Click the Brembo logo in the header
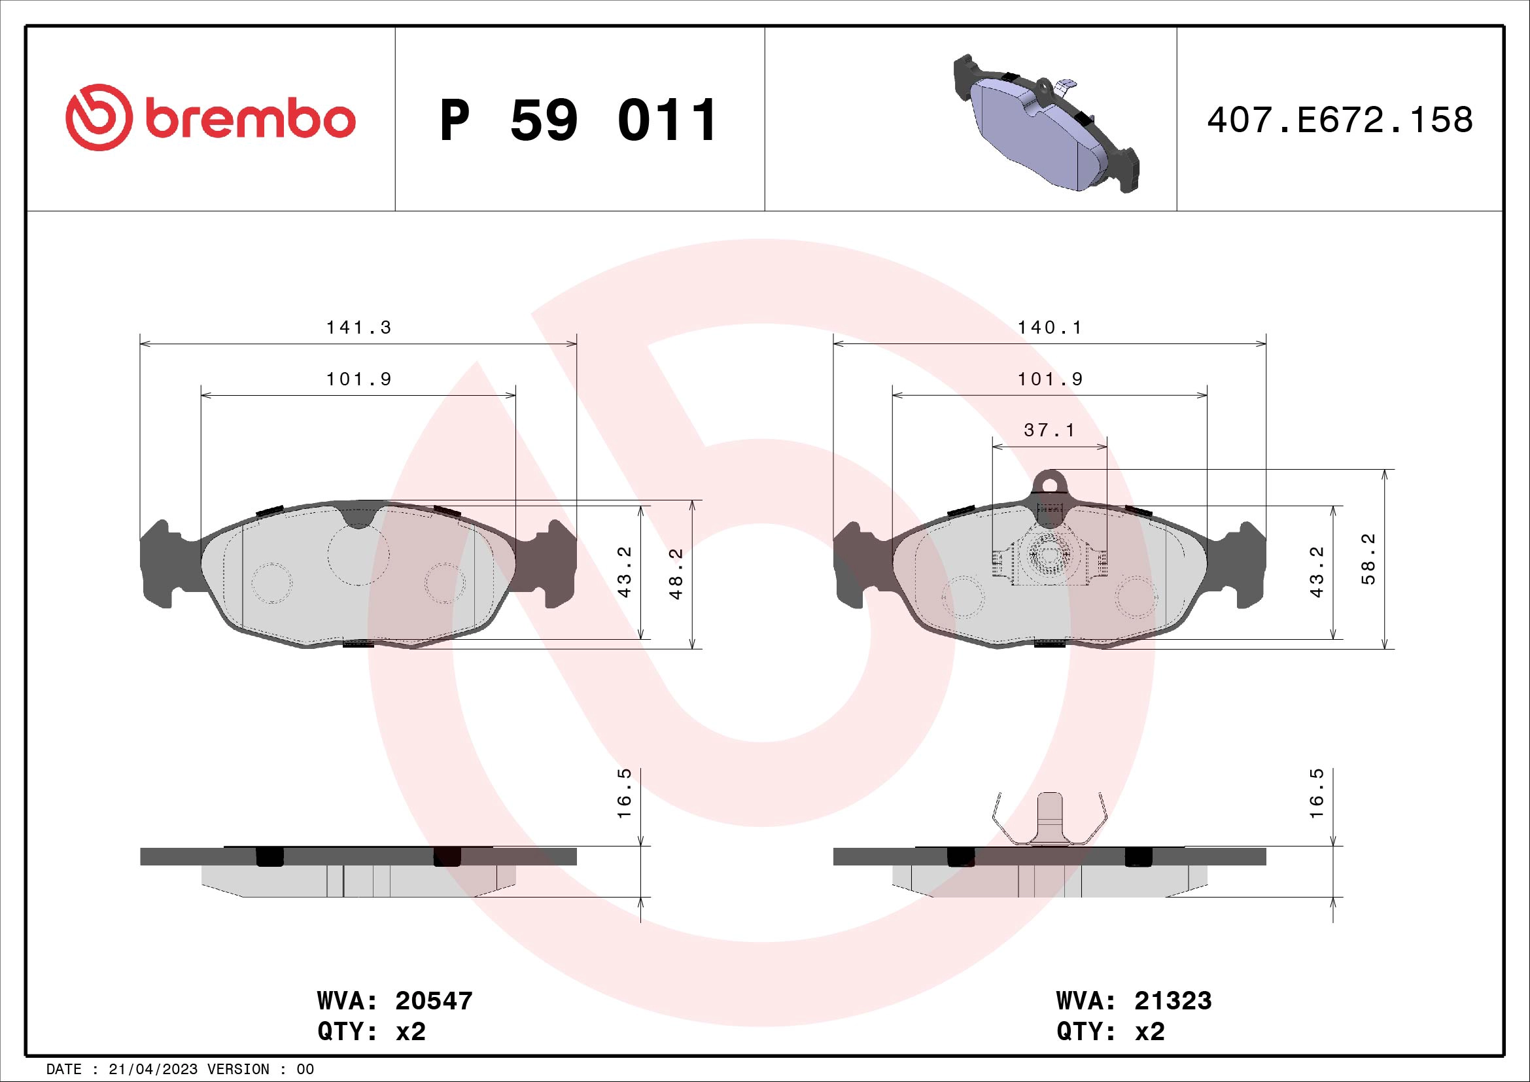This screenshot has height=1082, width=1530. point(211,118)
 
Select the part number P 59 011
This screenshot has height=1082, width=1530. point(578,120)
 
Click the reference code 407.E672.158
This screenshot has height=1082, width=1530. point(1340,120)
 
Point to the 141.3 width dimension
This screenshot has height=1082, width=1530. point(358,328)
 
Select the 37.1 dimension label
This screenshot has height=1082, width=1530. point(1049,430)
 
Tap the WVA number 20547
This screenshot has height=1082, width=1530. point(434,1001)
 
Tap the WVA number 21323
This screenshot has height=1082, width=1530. point(1173,1001)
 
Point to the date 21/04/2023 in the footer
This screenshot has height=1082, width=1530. point(153,1070)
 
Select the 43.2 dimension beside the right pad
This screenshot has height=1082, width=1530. point(1317,572)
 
